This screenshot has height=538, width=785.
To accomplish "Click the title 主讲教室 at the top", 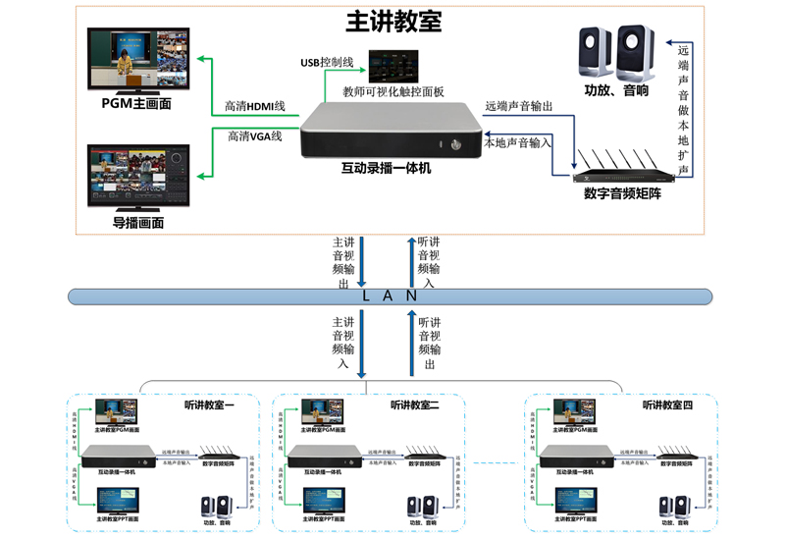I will pyautogui.click(x=392, y=21).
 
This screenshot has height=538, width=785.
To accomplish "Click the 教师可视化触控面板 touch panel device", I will pyautogui.click(x=392, y=68).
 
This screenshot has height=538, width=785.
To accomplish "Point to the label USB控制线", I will pyautogui.click(x=326, y=62).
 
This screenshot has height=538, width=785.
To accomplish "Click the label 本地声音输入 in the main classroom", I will pyautogui.click(x=518, y=142).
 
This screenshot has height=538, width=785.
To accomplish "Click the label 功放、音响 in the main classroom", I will pyautogui.click(x=616, y=90).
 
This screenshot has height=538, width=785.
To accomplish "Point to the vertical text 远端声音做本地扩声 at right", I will pyautogui.click(x=683, y=108).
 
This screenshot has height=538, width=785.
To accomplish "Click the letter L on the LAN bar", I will pyautogui.click(x=366, y=296).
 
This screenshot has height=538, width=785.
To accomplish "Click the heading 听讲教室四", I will pyautogui.click(x=668, y=404).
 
